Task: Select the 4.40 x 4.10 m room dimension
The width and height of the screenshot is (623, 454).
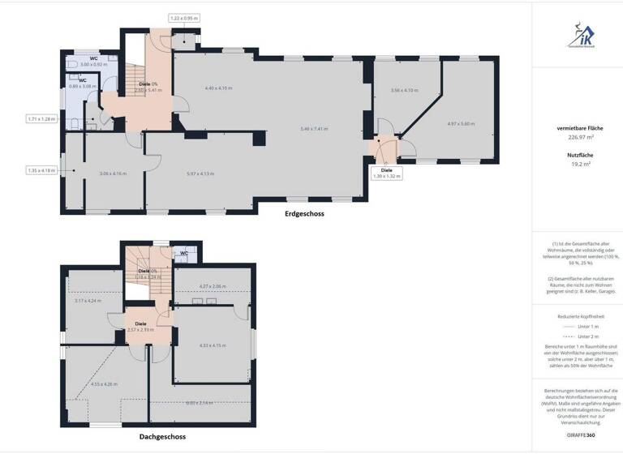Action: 219,88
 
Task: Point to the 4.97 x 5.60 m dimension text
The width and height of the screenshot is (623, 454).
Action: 461,124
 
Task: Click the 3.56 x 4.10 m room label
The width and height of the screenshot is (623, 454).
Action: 403,90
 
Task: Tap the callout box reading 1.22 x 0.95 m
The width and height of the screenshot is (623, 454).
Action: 185,18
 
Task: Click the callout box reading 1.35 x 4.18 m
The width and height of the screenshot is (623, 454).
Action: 41,170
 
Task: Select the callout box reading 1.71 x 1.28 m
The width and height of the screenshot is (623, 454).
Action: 41,119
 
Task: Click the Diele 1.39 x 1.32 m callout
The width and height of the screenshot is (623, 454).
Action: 387,173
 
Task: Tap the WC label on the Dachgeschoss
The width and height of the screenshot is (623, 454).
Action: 183,253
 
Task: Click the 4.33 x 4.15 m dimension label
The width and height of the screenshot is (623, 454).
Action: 213,345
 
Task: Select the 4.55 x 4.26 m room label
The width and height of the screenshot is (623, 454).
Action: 104,383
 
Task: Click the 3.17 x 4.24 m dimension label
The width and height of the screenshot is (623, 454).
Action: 88,301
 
